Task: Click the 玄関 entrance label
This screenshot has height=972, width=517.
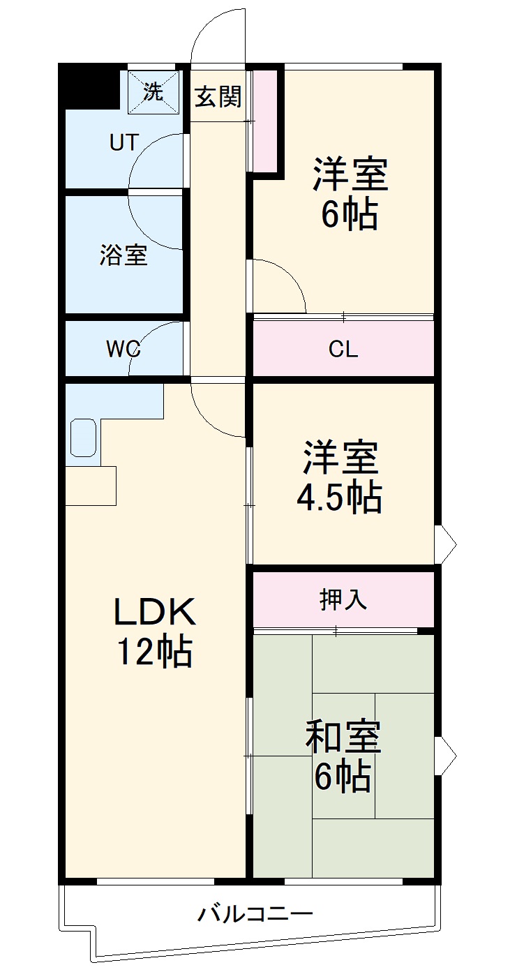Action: [x=218, y=97]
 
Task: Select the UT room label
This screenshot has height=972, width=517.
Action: [x=123, y=142]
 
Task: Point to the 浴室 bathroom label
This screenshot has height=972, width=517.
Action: [x=123, y=255]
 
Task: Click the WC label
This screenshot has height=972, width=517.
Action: [x=123, y=349]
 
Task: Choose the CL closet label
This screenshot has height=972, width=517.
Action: [x=343, y=349]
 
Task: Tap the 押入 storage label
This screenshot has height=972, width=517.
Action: [x=343, y=599]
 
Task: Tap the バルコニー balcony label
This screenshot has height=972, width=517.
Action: [x=254, y=913]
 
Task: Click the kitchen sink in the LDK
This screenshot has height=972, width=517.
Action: [x=83, y=438]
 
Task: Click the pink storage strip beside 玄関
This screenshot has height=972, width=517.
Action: [x=264, y=120]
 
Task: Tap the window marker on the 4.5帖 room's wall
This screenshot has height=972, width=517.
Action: [x=445, y=544]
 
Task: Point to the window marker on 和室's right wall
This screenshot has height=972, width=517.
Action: [x=445, y=755]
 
